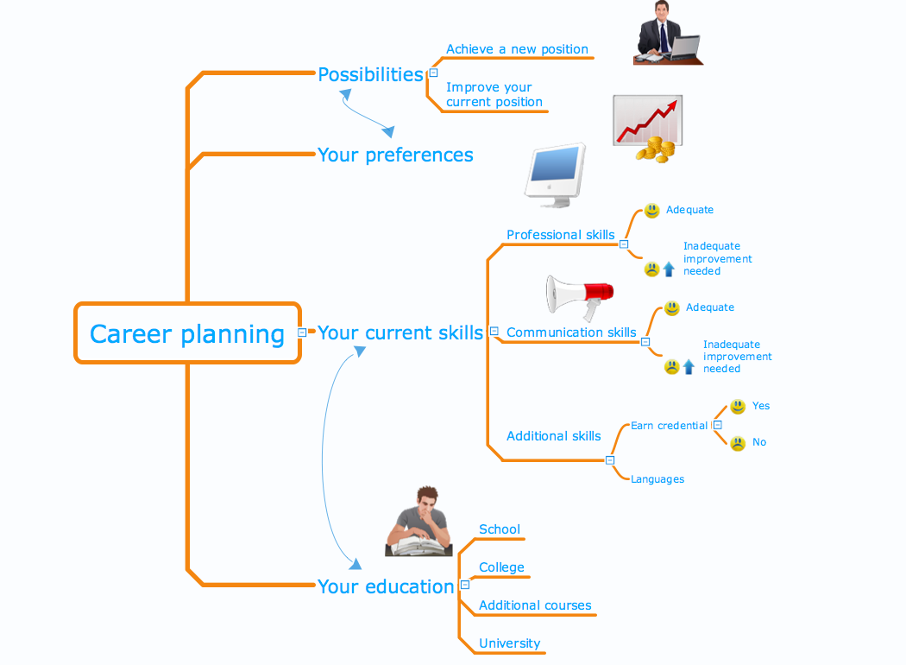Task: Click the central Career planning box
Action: point(187,333)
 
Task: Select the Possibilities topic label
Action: point(370,74)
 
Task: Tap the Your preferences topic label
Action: point(395,155)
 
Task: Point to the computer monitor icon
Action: point(555,175)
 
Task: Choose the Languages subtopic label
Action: point(657,479)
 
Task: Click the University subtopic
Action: point(509,643)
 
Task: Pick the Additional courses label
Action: point(535,605)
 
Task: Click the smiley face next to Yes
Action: point(738,406)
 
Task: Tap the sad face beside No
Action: point(738,444)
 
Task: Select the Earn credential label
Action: point(669,426)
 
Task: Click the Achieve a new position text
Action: point(517,49)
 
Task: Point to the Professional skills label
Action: point(560,235)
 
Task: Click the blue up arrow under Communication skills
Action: point(689,367)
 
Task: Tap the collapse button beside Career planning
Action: point(301,332)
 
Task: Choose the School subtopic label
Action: point(500,529)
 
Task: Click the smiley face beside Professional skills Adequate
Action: point(652,211)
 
